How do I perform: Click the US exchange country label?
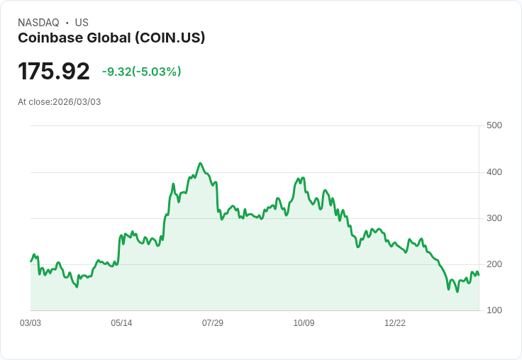(x=82, y=23)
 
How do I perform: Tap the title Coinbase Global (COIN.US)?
(x=111, y=38)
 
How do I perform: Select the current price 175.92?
(x=54, y=72)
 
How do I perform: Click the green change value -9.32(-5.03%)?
(x=141, y=72)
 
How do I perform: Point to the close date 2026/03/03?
(x=77, y=102)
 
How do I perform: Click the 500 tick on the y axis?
(x=494, y=125)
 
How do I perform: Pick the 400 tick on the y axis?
(x=494, y=172)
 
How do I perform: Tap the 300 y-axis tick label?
(x=494, y=218)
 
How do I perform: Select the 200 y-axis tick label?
(x=494, y=264)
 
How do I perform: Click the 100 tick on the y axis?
(x=494, y=310)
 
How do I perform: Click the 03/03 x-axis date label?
(x=30, y=323)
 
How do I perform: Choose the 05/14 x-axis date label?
(x=121, y=323)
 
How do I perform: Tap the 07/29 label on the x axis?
(x=213, y=323)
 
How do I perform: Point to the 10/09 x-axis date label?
(x=304, y=323)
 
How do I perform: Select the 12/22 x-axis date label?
(x=395, y=323)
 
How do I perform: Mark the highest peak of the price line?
(x=201, y=163)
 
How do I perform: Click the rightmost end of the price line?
(x=479, y=275)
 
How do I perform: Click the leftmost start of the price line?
(x=30, y=261)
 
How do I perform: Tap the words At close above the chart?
(x=34, y=102)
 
